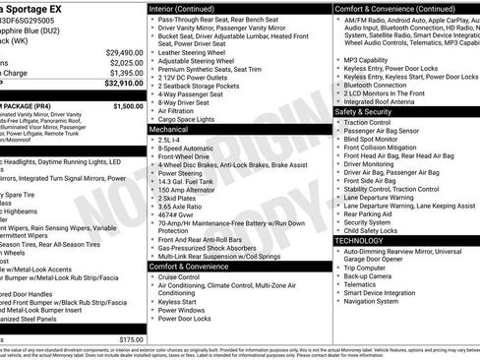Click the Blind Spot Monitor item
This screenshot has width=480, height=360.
[x=376, y=138]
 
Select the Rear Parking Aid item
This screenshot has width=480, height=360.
[x=368, y=213]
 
